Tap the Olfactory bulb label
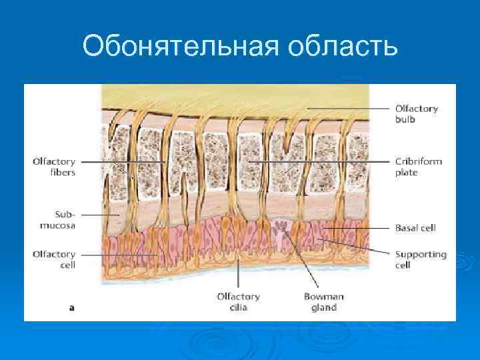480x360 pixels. coord(416,113)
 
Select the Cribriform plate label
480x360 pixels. coord(418,167)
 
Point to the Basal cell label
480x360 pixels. coord(415,227)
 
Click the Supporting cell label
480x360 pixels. coord(421,259)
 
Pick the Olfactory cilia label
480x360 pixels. coord(238,302)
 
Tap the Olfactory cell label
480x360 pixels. coord(54,259)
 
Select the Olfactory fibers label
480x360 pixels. coord(54,167)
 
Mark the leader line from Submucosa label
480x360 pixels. coord(100,215)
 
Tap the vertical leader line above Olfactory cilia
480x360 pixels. coord(239,277)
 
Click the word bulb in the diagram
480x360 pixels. coord(405,119)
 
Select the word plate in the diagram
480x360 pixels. coord(406,172)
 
